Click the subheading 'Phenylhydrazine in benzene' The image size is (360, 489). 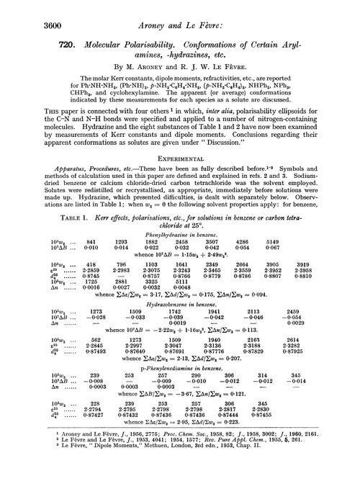179,243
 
